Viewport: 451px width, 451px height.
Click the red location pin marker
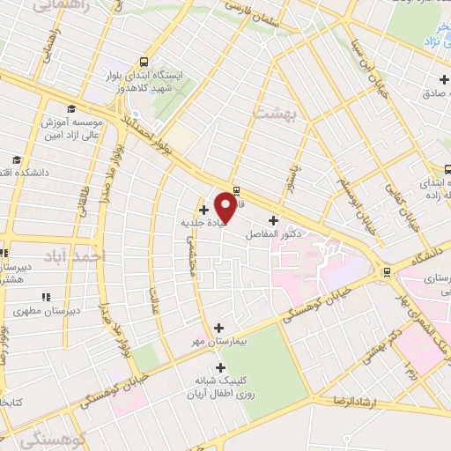(x=225, y=206)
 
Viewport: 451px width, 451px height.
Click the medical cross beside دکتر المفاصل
(x=272, y=220)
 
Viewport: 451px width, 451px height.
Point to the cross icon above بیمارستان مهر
(x=218, y=328)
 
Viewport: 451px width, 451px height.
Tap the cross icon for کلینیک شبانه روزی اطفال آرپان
(x=218, y=367)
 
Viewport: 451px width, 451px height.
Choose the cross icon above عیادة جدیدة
(x=204, y=210)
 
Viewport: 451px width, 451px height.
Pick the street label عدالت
(x=155, y=300)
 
